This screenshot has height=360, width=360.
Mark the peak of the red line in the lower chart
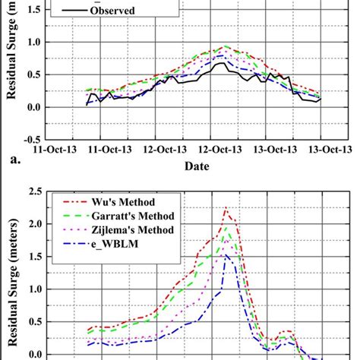(x=226, y=208)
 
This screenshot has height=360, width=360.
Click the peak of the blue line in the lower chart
(x=226, y=254)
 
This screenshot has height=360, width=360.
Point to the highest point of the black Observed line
(x=220, y=64)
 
